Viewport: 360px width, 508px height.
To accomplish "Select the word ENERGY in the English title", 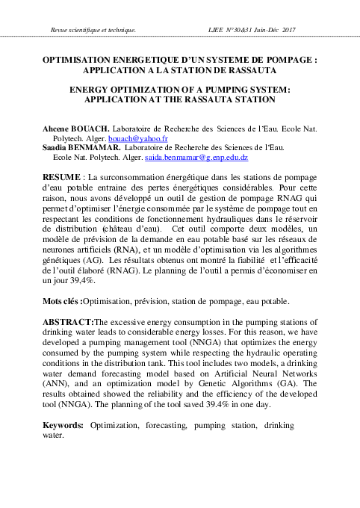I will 92,88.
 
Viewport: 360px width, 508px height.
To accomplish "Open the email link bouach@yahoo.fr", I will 146,139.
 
